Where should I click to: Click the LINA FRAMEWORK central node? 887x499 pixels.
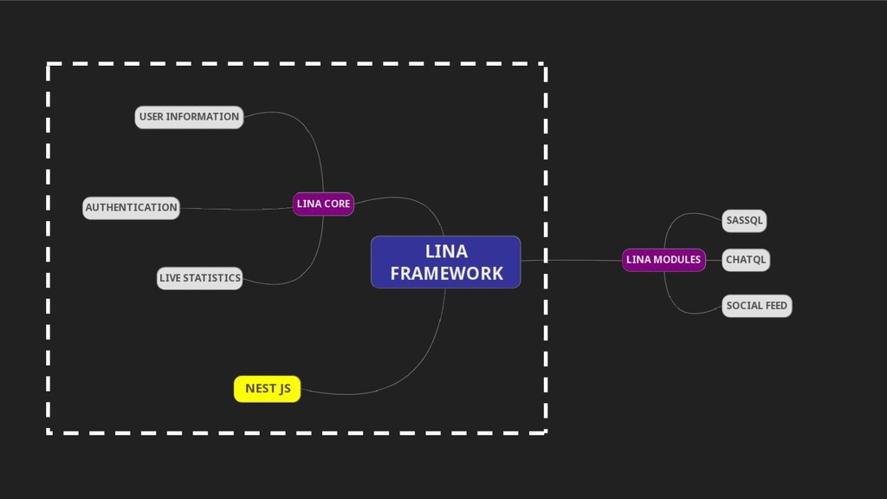[445, 262]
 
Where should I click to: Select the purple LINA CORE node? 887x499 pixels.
[323, 204]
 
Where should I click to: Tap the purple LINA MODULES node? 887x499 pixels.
[664, 259]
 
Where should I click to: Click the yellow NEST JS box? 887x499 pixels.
[267, 389]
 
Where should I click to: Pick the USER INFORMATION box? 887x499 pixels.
[189, 117]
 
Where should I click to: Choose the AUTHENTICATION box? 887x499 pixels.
[131, 208]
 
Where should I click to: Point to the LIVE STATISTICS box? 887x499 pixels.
[199, 278]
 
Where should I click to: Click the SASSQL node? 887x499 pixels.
[744, 221]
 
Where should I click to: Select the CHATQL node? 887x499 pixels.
[746, 260]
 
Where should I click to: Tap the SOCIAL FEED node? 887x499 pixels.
[756, 306]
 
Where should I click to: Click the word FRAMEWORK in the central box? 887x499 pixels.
[446, 274]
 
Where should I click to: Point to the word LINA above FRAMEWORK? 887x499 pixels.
[446, 251]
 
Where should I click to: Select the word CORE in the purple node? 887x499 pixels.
[338, 204]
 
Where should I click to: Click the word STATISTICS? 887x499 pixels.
[212, 278]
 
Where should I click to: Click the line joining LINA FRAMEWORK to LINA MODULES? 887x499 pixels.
[572, 260]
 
